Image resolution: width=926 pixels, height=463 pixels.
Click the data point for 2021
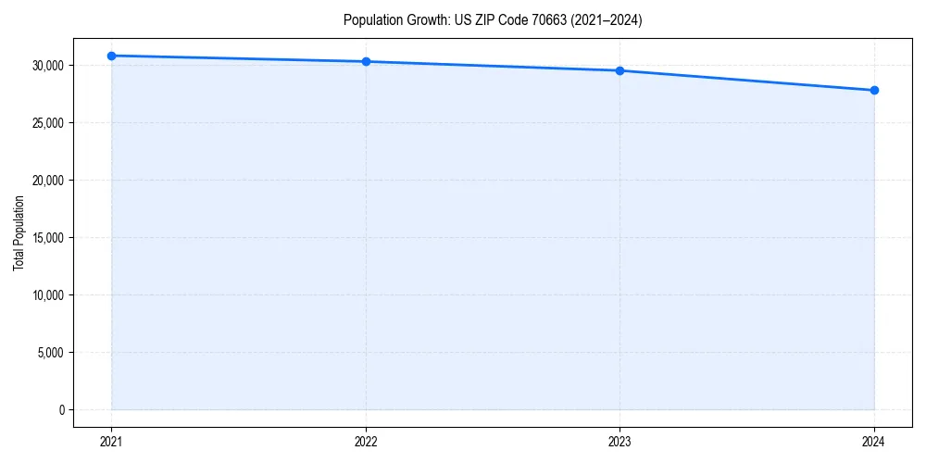[111, 56]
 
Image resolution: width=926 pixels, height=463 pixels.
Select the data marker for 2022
[366, 61]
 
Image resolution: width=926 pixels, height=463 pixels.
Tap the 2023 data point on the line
[619, 70]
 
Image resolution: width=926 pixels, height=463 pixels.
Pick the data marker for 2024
[874, 90]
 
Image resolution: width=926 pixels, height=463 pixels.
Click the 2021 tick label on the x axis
[111, 442]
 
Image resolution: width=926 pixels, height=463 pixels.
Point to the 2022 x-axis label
[366, 442]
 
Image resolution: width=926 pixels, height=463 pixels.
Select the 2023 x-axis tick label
[619, 442]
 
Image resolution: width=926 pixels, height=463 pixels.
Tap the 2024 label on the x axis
[874, 442]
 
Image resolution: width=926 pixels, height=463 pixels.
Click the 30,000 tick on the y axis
[46, 66]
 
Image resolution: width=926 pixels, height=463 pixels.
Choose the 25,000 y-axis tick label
[46, 123]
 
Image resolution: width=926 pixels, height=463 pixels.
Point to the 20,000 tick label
[46, 181]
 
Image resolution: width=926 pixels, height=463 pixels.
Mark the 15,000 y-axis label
[46, 238]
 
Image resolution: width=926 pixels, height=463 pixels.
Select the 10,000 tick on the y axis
[46, 295]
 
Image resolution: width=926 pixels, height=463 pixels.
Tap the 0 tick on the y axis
[61, 410]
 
